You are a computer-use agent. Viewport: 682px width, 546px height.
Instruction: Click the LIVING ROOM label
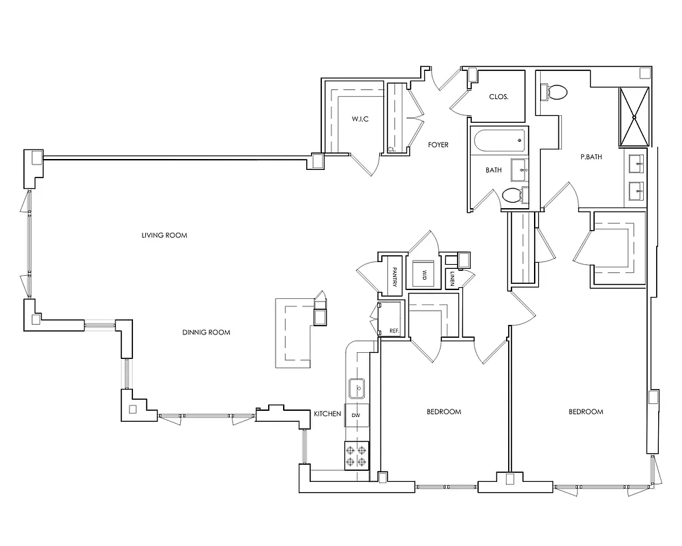(164, 235)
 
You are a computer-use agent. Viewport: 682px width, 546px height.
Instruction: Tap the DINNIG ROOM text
(206, 333)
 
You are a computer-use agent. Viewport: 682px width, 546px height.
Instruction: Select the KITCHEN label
(327, 414)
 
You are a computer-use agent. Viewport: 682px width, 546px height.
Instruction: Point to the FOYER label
(438, 145)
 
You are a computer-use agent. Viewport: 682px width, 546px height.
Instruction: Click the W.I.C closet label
(360, 119)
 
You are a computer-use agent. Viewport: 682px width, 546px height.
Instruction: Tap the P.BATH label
(591, 157)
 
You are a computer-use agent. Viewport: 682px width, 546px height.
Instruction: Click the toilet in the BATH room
(513, 196)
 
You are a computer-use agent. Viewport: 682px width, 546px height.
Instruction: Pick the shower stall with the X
(634, 117)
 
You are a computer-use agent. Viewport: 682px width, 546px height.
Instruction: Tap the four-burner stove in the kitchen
(357, 455)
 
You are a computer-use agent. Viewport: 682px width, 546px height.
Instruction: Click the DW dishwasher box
(355, 415)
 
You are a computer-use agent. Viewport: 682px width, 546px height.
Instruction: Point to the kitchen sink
(356, 389)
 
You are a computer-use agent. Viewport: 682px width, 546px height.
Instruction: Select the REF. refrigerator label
(394, 330)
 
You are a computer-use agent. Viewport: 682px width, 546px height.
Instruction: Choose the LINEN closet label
(453, 278)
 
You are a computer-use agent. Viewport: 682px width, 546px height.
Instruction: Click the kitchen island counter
(293, 333)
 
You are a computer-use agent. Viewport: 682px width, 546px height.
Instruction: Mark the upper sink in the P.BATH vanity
(636, 162)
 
